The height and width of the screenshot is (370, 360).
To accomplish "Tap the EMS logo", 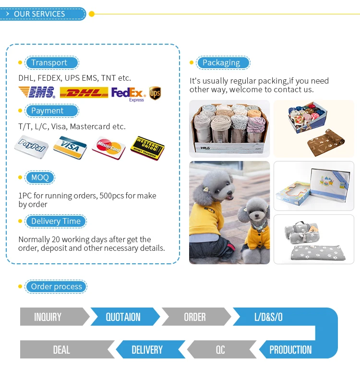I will tap(36, 92).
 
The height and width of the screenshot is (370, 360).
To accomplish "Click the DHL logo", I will tap(84, 92).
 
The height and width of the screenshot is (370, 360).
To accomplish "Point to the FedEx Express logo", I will tap(128, 93).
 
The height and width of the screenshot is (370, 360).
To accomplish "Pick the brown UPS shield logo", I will tap(155, 93).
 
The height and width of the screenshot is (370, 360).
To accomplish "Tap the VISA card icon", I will tap(70, 146).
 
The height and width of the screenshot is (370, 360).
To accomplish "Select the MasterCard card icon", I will tap(108, 147).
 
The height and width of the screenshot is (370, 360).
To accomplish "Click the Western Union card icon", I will tap(147, 148).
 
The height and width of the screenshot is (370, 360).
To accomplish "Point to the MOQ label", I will tap(40, 178).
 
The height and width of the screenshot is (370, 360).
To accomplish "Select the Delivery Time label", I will tap(56, 222).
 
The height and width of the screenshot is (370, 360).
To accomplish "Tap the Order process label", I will tap(56, 287).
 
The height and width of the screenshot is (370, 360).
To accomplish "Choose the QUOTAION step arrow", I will tap(123, 317).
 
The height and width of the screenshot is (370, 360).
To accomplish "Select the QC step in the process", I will tap(220, 350).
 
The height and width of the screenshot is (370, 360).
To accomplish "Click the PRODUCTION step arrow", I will tap(291, 350).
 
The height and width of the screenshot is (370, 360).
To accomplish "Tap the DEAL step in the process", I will tap(62, 350).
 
